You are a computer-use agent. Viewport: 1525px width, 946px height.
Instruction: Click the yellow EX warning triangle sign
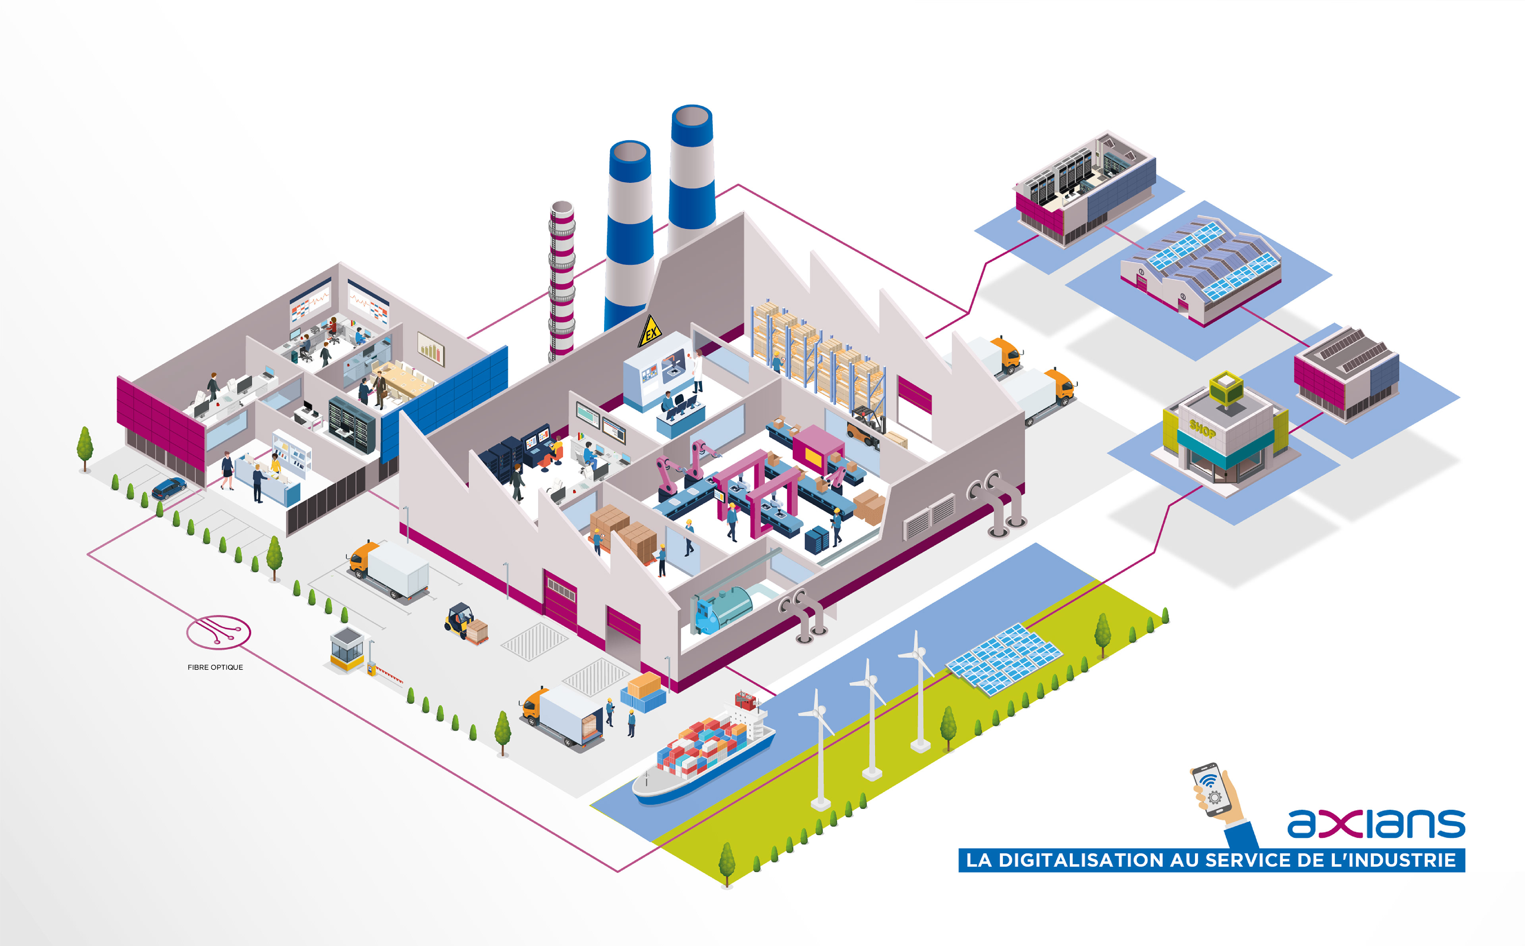click(x=651, y=332)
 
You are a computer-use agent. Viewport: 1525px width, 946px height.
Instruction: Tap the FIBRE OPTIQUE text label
click(x=215, y=668)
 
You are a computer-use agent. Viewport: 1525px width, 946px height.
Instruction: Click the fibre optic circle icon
click(x=218, y=632)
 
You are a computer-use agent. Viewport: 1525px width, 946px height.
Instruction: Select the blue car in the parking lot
click(x=169, y=487)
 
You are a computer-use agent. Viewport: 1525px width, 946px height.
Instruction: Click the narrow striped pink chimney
click(x=561, y=282)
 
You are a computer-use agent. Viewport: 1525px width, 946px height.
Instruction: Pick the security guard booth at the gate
click(x=347, y=648)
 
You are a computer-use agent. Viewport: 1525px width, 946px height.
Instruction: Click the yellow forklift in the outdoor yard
click(x=461, y=620)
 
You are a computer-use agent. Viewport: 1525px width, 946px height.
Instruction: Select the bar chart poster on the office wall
click(x=430, y=348)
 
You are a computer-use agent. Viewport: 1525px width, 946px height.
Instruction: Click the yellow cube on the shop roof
click(x=1226, y=387)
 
